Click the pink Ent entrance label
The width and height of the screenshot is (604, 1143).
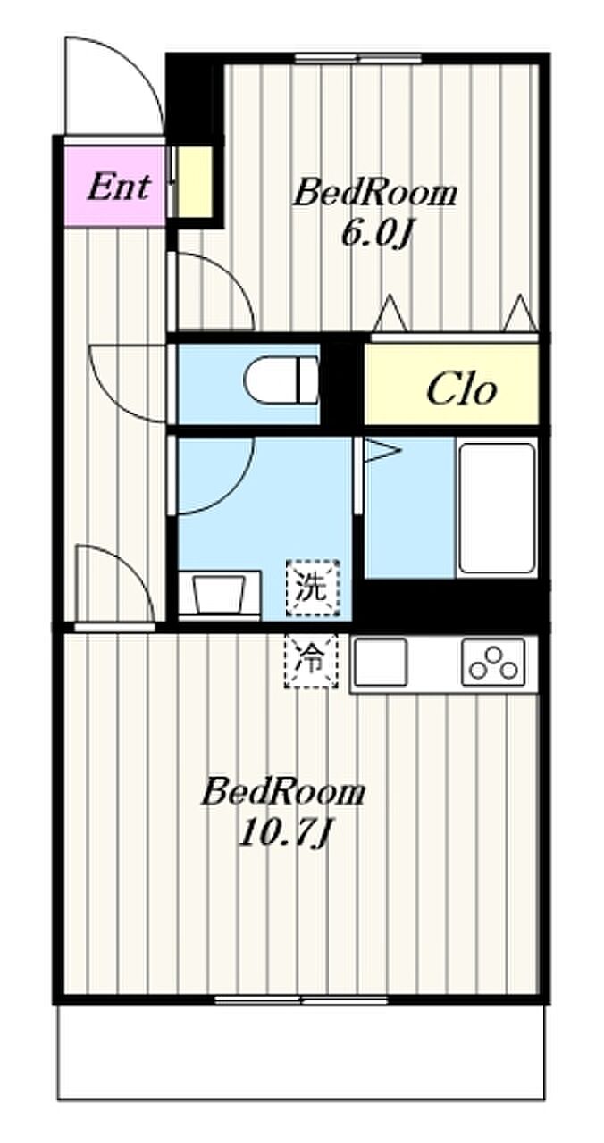point(119,187)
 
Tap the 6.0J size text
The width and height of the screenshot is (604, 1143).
point(375,234)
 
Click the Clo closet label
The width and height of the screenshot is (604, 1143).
point(461,390)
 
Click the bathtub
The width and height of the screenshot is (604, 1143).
point(497,508)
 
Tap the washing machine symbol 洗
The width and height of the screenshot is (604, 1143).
point(312,588)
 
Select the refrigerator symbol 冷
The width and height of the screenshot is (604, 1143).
point(312,660)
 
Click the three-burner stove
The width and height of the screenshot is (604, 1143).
point(493,662)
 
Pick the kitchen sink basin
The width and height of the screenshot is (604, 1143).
point(381,662)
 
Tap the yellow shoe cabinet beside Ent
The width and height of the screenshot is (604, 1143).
point(192,181)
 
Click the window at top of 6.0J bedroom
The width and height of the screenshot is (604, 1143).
point(359,58)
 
